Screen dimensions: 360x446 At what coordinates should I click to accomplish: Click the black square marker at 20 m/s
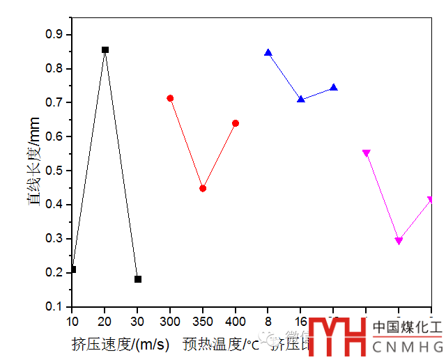[x=105, y=49]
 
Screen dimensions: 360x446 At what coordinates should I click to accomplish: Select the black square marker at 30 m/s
[x=138, y=279]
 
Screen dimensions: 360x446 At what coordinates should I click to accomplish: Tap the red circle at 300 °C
[x=170, y=98]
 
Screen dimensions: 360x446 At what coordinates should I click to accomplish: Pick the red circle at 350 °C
[x=203, y=188]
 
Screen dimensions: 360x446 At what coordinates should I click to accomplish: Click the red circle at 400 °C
[x=236, y=123]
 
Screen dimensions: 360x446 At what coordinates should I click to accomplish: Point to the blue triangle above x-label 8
[x=268, y=52]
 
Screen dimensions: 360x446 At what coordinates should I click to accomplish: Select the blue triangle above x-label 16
[x=301, y=99]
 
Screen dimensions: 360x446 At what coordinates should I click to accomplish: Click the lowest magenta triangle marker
[x=399, y=241]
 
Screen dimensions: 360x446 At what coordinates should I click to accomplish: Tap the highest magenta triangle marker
[x=367, y=153]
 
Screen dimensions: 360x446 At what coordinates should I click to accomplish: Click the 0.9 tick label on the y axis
[x=54, y=34]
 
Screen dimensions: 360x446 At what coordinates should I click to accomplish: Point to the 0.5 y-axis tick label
[x=54, y=171]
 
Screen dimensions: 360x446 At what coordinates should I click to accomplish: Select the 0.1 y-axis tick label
[x=54, y=307]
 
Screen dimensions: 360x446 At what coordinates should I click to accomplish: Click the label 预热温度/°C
[x=221, y=343]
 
